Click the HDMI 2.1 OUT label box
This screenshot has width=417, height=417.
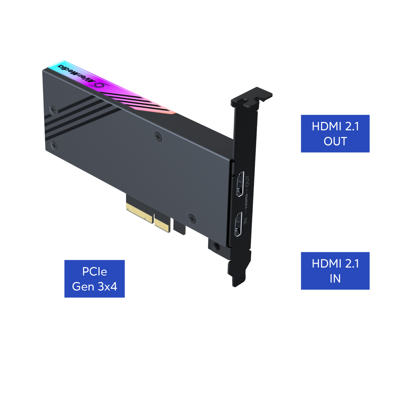335,134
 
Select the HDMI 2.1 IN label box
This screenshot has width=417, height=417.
335,271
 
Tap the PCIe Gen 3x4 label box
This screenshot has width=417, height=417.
94,279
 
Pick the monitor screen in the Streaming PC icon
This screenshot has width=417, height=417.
80,354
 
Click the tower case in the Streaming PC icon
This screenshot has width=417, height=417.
126,354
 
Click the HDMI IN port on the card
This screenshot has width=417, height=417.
238,225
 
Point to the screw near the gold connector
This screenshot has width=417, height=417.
192,218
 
